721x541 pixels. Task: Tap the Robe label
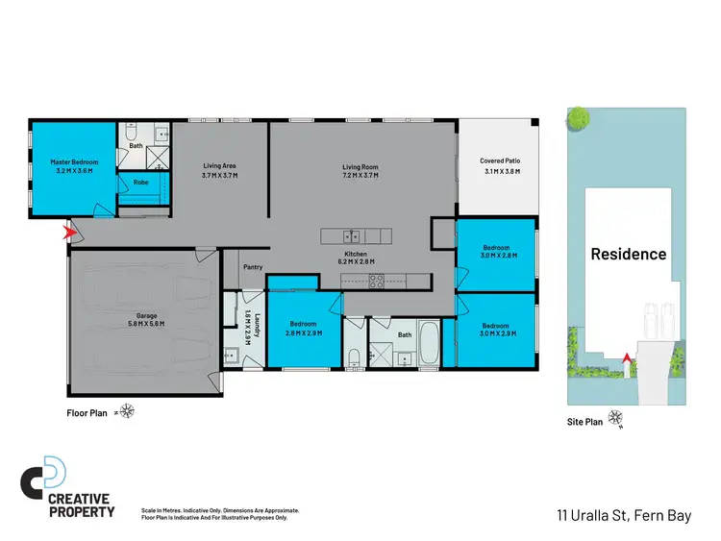pyautogui.click(x=140, y=182)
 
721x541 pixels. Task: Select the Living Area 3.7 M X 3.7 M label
pyautogui.click(x=219, y=171)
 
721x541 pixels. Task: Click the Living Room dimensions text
pyautogui.click(x=361, y=177)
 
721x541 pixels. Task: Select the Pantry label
pyautogui.click(x=253, y=267)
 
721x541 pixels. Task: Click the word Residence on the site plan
pyautogui.click(x=628, y=255)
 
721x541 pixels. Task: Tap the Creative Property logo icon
pyautogui.click(x=45, y=473)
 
